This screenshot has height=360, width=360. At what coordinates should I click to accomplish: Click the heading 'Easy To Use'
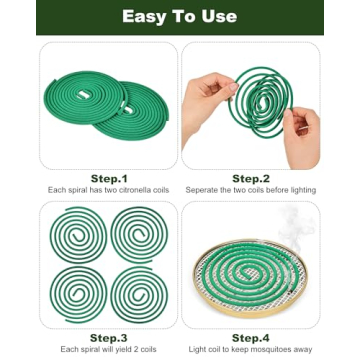[x=180, y=16]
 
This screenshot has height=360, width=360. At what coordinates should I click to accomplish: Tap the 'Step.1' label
[x=109, y=178]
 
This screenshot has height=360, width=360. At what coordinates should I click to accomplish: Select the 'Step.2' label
[x=251, y=178]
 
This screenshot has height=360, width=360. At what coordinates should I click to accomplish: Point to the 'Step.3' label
[x=109, y=337]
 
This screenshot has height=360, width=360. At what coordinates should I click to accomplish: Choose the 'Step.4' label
[x=251, y=337]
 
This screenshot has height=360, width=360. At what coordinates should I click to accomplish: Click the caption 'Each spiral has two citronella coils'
[x=109, y=190]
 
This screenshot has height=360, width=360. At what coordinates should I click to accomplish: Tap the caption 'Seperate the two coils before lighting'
[x=251, y=190]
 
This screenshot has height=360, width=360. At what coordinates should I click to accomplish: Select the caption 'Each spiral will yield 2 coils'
[x=109, y=349]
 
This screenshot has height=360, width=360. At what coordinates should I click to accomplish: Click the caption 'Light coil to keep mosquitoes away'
[x=251, y=349]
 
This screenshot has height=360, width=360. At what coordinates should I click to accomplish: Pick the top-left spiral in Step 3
[x=78, y=236]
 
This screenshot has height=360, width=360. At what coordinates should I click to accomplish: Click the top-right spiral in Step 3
[x=140, y=236]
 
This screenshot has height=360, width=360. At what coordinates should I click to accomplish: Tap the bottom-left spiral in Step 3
[x=78, y=296]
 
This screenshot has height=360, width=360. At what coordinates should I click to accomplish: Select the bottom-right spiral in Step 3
[x=140, y=296]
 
